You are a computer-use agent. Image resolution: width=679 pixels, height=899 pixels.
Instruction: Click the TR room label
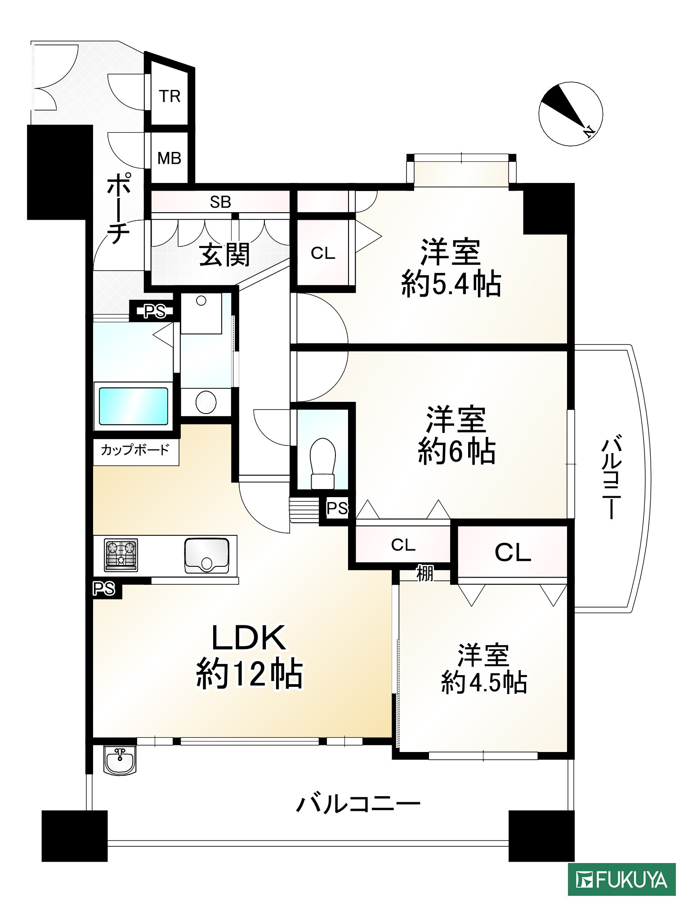tap(170, 96)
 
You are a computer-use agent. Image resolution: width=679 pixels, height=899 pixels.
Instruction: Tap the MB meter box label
tap(169, 158)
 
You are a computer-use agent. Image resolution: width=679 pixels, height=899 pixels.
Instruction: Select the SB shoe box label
tap(220, 202)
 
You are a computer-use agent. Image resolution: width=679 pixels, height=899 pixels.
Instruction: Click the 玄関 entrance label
tap(224, 255)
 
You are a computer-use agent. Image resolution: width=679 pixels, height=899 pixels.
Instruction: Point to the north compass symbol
tap(570, 114)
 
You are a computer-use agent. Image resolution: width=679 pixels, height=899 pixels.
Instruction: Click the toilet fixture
tap(323, 463)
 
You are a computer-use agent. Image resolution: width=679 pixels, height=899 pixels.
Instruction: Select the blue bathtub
tap(133, 406)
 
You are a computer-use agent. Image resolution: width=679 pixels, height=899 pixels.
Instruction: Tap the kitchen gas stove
tap(121, 555)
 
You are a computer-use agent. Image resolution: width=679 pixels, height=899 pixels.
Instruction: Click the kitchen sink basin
tap(206, 555)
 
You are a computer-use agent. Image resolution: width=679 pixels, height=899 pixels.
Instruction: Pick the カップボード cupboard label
tap(135, 449)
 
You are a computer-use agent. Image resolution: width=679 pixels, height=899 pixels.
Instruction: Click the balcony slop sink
tap(120, 760)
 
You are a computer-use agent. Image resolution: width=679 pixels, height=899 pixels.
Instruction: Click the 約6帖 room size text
tap(457, 452)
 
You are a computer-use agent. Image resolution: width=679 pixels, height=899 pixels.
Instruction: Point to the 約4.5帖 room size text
tap(484, 682)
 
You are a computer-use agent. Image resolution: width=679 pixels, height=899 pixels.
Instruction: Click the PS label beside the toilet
tap(337, 508)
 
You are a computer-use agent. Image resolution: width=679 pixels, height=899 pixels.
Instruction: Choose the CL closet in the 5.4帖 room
tap(323, 253)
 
